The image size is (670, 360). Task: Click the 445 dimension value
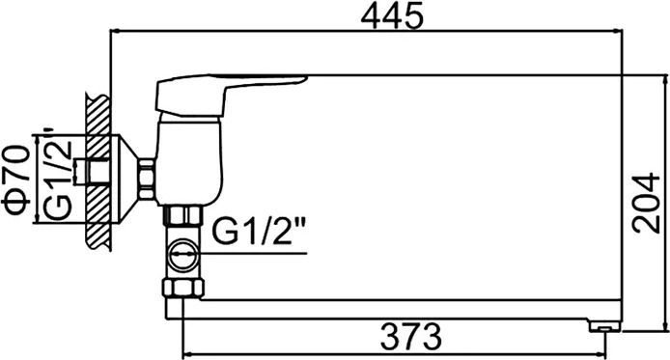click(x=392, y=15)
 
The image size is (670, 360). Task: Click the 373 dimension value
click(x=410, y=337)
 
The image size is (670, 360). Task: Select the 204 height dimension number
click(x=647, y=203)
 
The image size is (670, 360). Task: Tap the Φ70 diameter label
click(x=16, y=179)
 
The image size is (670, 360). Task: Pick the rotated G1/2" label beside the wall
click(x=58, y=173)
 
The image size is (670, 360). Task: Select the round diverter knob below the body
click(x=183, y=256)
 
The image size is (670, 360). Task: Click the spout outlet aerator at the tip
click(x=604, y=326)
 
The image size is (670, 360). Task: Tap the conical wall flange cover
click(x=127, y=180)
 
